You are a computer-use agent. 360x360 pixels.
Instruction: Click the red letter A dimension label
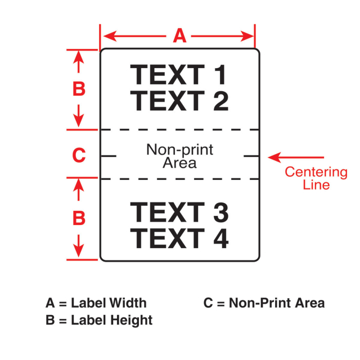[x=179, y=35]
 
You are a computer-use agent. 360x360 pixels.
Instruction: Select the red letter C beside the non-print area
[x=79, y=155]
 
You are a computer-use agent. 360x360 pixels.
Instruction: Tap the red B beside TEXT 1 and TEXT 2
[x=79, y=89]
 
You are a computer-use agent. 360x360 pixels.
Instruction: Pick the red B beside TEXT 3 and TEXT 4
[x=79, y=218]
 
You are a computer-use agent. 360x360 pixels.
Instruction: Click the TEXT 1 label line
[x=178, y=75]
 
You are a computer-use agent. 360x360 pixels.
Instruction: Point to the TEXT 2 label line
[x=179, y=101]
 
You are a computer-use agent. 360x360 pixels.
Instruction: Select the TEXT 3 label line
[x=179, y=213]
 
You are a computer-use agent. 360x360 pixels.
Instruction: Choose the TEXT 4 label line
[x=179, y=238]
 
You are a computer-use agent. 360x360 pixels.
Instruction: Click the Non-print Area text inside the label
[x=180, y=156]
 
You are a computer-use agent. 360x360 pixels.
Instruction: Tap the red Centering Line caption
[x=316, y=178]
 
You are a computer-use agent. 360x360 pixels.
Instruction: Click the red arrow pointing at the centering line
[x=296, y=157]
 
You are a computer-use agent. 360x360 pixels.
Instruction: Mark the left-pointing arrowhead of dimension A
[x=110, y=36]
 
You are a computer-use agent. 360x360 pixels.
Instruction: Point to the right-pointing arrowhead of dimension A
[x=247, y=36]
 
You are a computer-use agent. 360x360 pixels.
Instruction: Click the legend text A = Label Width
[x=96, y=303]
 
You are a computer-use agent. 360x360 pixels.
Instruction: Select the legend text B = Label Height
[x=99, y=320]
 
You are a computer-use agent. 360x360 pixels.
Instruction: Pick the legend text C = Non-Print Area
[x=264, y=303]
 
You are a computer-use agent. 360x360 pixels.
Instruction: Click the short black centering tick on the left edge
[x=109, y=156]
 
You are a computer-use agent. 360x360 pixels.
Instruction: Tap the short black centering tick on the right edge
[x=251, y=156]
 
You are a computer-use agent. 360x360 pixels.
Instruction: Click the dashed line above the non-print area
[x=180, y=130]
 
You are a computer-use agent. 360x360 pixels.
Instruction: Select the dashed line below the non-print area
[x=180, y=179]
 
